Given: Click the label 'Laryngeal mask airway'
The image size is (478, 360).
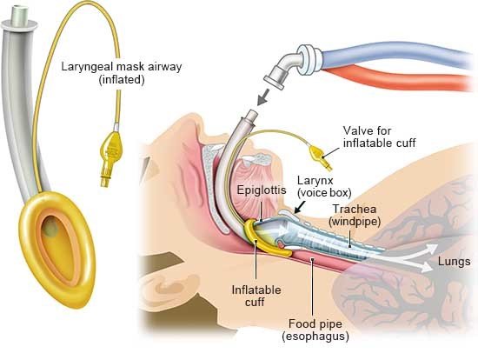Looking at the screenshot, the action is pyautogui.click(x=122, y=67).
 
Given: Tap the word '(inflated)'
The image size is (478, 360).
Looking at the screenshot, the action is pyautogui.click(x=122, y=80).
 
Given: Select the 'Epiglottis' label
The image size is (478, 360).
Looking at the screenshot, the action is pyautogui.click(x=262, y=190).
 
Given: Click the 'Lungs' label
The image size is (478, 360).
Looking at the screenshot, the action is pyautogui.click(x=454, y=262).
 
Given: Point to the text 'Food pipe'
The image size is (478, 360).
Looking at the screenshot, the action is pyautogui.click(x=315, y=323).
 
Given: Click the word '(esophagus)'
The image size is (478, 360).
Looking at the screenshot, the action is pyautogui.click(x=315, y=337).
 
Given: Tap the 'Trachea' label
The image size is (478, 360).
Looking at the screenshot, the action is pyautogui.click(x=355, y=209).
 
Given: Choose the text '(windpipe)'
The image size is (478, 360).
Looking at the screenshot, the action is pyautogui.click(x=355, y=222).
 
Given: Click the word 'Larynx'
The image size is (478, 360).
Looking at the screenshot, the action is pyautogui.click(x=315, y=180).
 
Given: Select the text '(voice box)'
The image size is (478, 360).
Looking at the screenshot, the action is pyautogui.click(x=324, y=193).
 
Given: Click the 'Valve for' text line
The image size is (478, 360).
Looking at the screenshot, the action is pyautogui.click(x=367, y=130).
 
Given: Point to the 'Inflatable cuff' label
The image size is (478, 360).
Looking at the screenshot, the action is pyautogui.click(x=256, y=296).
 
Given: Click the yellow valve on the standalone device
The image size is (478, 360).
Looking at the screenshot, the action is pyautogui.click(x=110, y=156).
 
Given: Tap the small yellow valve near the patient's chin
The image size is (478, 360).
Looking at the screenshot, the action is pyautogui.click(x=320, y=157).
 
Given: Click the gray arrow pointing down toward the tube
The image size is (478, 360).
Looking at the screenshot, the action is pyautogui.click(x=263, y=97).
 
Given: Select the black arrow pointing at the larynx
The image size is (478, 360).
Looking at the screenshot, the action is pyautogui.click(x=300, y=207).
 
